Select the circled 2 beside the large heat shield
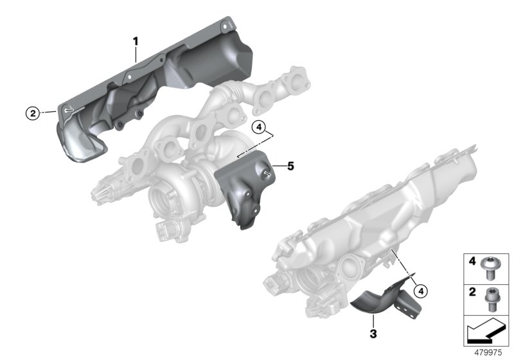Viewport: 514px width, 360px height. click(30, 113)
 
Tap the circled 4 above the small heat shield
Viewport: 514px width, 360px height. click(258, 127)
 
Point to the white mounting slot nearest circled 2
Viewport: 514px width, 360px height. click(69, 111)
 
